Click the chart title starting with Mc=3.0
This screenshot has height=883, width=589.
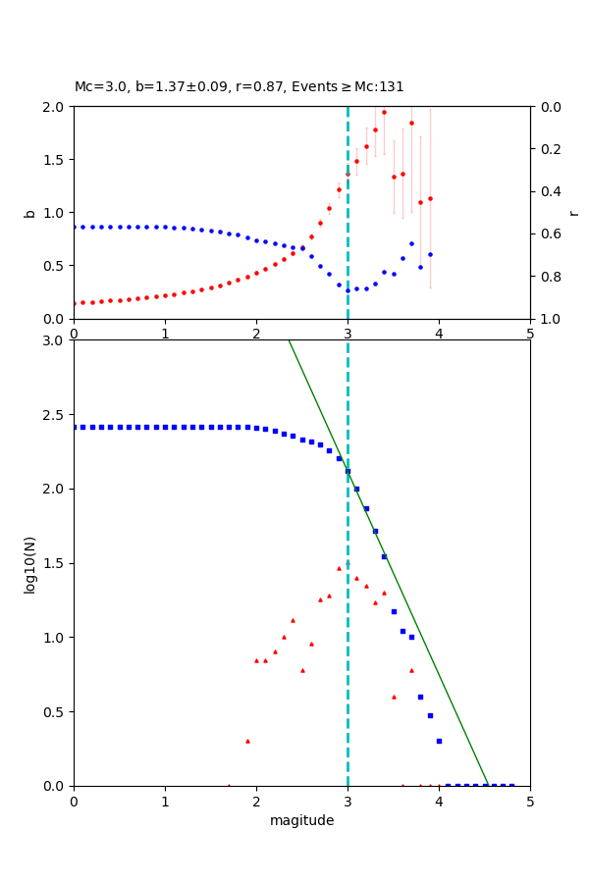pos(239,87)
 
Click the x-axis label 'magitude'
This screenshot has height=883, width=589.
pos(301,820)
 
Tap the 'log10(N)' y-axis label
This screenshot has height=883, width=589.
pos(29,563)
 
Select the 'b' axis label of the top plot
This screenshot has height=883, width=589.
pos(29,213)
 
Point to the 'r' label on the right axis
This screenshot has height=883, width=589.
pos(573,213)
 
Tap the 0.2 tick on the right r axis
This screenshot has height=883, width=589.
pos(549,149)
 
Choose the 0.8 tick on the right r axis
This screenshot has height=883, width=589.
pos(549,277)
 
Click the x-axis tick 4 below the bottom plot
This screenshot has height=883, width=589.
pos(439,802)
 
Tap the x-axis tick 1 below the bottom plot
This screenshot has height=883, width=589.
pos(165,802)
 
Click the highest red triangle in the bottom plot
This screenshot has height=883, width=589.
pos(348,563)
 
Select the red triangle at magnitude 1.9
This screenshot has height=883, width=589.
pos(247,741)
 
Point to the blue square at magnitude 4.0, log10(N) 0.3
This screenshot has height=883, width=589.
pos(439,741)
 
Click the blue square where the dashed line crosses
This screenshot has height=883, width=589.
pos(348,471)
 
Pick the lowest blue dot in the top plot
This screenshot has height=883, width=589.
pos(348,290)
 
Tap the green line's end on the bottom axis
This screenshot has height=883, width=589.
pos(487,785)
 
